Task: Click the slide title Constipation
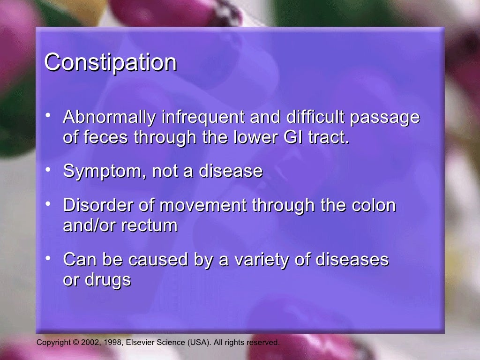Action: [110, 62]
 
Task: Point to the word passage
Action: [385, 118]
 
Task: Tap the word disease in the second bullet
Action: [231, 171]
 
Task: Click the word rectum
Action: [150, 225]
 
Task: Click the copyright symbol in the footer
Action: [76, 343]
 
